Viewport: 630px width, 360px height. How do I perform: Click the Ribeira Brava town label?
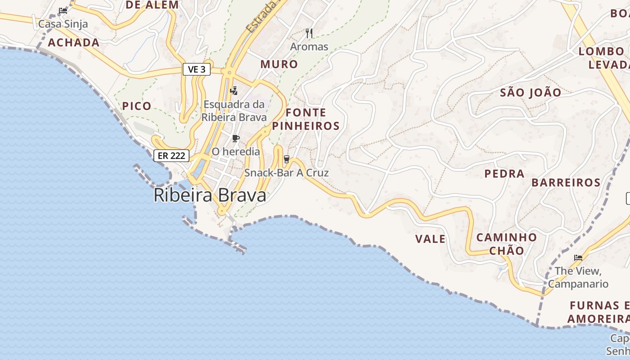coord(210,195)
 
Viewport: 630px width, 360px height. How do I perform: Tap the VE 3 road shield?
coord(197,69)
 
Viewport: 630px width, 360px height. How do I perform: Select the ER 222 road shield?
coord(171,156)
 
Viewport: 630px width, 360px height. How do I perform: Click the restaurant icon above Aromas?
coord(309,33)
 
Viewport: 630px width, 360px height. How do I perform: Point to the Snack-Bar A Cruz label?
coord(286,173)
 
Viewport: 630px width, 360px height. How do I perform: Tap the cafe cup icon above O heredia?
coord(236,138)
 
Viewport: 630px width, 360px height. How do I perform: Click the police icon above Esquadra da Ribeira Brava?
coord(234,91)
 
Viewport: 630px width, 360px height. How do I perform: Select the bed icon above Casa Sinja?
coord(63,10)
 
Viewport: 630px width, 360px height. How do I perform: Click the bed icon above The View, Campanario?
coord(578,258)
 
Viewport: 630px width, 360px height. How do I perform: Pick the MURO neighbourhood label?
coord(279,64)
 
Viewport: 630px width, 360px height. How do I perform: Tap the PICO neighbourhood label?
coord(137,106)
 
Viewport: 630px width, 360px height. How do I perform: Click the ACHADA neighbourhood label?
coord(73,43)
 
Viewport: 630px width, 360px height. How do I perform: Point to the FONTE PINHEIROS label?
coord(306,119)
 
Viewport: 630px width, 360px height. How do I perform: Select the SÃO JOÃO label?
coord(531,93)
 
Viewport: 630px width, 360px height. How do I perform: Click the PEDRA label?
coord(504,173)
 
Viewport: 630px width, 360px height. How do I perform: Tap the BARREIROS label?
coord(566,182)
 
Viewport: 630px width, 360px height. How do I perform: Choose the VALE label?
coord(430,239)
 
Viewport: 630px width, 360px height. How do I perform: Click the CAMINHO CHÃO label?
coord(506,243)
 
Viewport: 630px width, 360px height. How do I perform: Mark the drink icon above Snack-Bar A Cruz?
coord(286,159)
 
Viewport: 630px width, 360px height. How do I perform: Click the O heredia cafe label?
coord(236,152)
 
